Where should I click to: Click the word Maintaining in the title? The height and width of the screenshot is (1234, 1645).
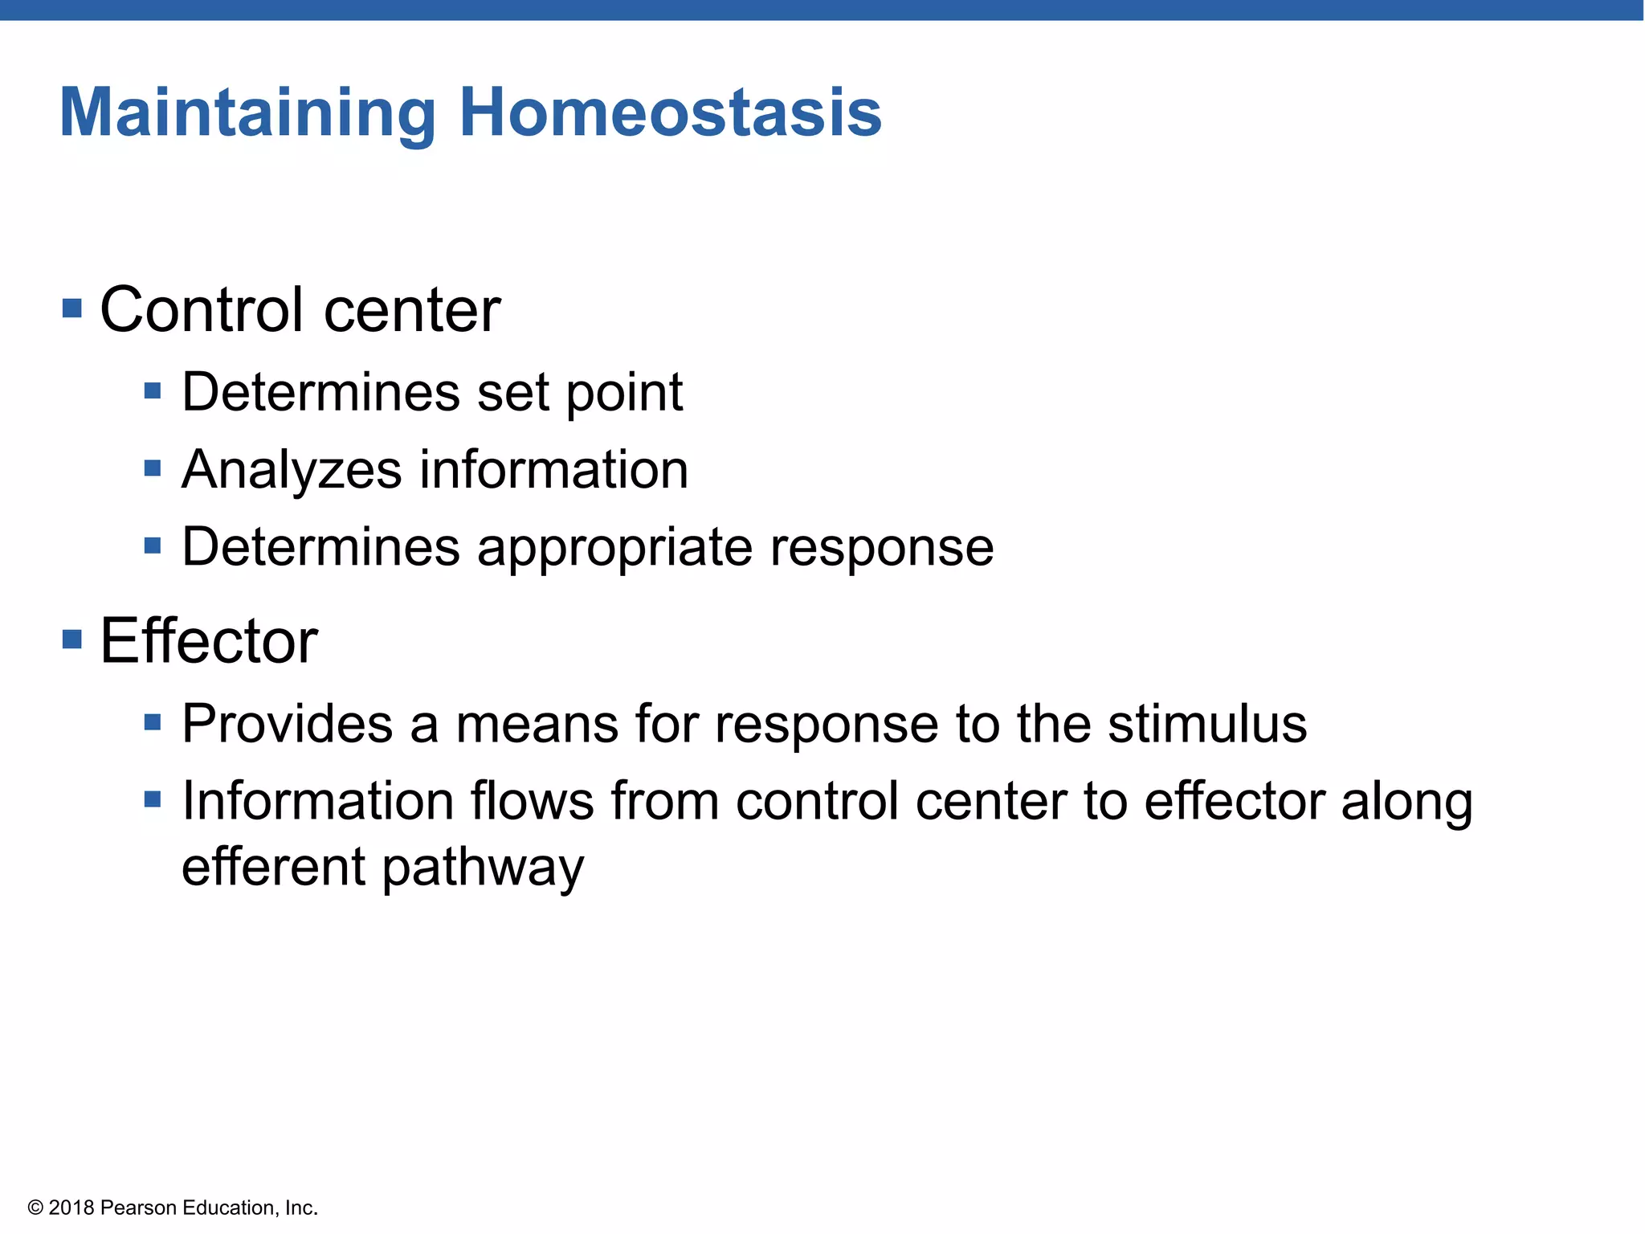point(247,114)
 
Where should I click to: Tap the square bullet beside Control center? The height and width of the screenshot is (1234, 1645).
point(72,308)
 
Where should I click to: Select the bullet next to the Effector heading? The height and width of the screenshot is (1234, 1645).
point(72,639)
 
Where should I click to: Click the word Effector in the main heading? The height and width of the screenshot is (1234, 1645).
point(209,641)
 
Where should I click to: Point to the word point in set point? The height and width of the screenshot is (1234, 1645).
point(624,393)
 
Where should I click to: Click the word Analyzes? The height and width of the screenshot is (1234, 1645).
point(291,470)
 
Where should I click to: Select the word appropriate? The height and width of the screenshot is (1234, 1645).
point(614,549)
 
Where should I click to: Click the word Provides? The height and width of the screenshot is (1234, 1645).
point(287,724)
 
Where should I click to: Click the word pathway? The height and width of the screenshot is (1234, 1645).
point(483,868)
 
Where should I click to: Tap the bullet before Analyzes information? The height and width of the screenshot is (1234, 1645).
point(153,468)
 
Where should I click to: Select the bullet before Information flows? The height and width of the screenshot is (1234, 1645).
point(153,799)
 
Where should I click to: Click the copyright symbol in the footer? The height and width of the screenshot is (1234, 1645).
point(35,1208)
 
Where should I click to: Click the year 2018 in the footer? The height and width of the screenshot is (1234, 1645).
point(71,1208)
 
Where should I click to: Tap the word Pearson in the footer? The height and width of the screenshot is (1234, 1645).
point(138,1208)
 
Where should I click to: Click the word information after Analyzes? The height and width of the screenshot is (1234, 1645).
point(553,470)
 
